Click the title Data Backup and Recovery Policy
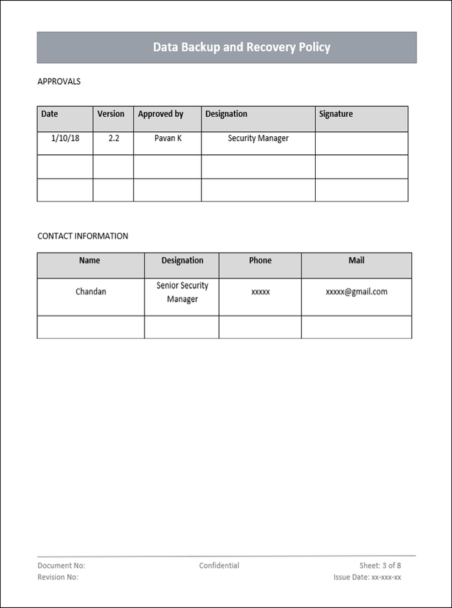click(242, 48)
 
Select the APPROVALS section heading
click(59, 82)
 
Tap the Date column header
click(50, 114)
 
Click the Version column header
click(111, 114)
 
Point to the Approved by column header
click(161, 114)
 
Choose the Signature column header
click(336, 114)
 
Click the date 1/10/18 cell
click(65, 138)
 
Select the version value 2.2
click(114, 138)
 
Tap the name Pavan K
click(168, 138)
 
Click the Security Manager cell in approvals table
click(258, 138)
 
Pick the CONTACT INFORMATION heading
click(83, 237)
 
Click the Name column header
click(90, 260)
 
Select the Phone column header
click(260, 260)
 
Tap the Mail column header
click(357, 260)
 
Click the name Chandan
click(91, 292)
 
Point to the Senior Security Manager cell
click(182, 292)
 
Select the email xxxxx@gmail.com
click(357, 292)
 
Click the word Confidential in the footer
click(219, 566)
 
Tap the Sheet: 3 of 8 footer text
click(380, 566)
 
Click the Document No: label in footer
click(62, 566)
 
